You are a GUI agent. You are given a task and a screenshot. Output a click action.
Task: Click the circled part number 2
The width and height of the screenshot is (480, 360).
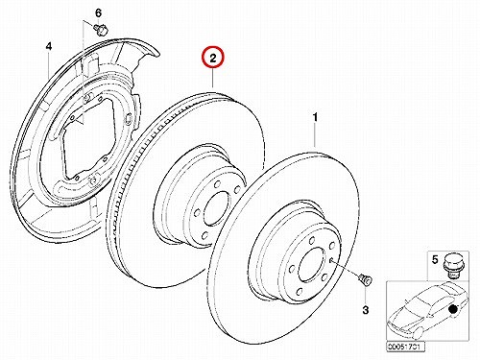point(213,59)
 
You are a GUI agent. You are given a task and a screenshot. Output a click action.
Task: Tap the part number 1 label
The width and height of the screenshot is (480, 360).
point(315,117)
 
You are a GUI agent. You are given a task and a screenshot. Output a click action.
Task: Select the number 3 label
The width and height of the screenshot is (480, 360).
point(366,310)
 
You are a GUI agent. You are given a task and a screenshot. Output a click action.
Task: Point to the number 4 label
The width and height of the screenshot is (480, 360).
point(48,47)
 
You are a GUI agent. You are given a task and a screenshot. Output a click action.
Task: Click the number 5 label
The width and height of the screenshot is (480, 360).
point(435,259)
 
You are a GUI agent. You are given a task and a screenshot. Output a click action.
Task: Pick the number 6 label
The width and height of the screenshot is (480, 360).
point(98,13)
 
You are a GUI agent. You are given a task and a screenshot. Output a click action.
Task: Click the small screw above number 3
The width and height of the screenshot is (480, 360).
point(365,279)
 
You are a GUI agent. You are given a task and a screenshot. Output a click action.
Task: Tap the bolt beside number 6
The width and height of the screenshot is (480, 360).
point(101,30)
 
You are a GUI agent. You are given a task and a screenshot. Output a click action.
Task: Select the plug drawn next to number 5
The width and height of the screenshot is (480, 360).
point(451,266)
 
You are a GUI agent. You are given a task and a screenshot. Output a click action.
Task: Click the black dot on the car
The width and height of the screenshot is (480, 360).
point(452,309)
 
